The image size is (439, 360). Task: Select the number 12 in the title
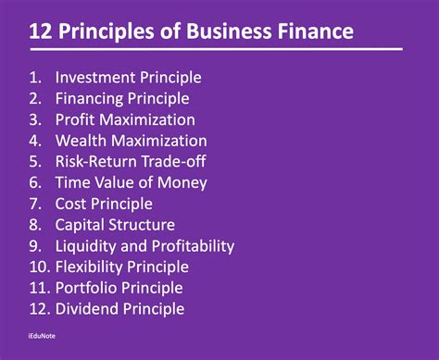41,32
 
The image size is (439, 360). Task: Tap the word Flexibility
94,267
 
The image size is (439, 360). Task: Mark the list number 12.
38,309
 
